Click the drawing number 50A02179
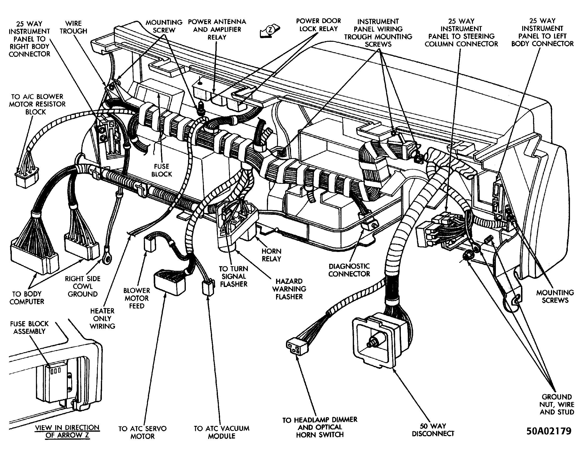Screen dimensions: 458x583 pos(549,431)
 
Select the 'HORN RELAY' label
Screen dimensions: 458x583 pos(271,255)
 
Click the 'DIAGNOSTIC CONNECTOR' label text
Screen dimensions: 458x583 pos(349,270)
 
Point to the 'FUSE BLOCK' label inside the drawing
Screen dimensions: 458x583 pos(161,170)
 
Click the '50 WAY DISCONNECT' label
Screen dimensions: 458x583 pos(433,430)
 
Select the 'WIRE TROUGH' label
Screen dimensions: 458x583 pos(73,27)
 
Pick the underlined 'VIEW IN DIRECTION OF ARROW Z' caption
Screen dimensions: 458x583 pos(67,431)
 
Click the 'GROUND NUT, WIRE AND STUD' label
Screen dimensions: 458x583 pos(556,404)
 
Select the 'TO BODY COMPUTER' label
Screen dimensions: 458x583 pos(27,298)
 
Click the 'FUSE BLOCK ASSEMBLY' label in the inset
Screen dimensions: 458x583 pos(29,327)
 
